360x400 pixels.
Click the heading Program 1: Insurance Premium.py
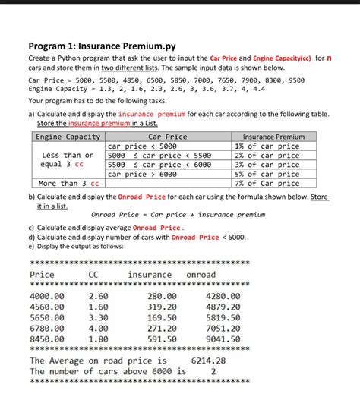click(x=102, y=46)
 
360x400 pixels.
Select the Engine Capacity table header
click(x=68, y=137)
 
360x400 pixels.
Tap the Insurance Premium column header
click(x=269, y=137)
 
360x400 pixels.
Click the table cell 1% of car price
click(x=267, y=146)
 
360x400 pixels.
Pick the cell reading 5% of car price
click(x=267, y=174)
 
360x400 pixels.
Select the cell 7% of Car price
click(x=267, y=183)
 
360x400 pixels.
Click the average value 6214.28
click(x=209, y=361)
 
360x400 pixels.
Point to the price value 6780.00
click(x=46, y=328)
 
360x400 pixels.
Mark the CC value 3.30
click(x=98, y=317)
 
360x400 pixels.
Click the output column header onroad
click(x=201, y=274)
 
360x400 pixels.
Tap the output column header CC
click(x=93, y=274)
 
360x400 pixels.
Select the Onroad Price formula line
click(x=178, y=215)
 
